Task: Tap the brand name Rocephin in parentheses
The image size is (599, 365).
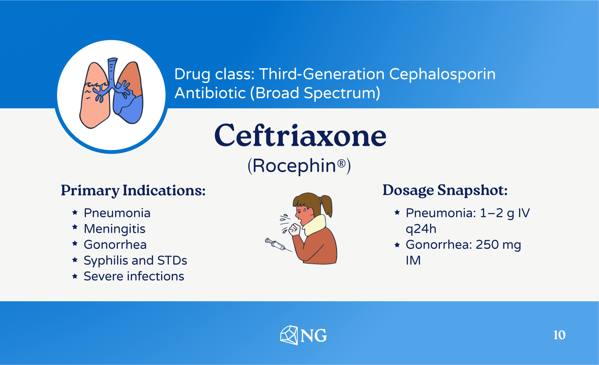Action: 294,166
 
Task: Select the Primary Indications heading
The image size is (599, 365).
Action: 133,191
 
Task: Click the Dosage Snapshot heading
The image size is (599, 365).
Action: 445,191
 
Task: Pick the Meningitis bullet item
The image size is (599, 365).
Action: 114,229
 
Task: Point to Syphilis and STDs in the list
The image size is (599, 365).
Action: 135,261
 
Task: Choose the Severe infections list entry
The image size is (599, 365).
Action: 134,276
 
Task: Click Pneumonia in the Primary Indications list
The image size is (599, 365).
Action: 117,213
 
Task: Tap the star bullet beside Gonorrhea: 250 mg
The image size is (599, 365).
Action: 397,245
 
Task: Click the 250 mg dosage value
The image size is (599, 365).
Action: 498,245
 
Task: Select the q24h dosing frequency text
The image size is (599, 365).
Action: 421,229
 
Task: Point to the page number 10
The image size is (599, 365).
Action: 559,335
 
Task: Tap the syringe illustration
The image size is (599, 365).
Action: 278,245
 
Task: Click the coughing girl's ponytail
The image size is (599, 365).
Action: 327,206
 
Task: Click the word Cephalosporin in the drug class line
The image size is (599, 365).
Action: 442,74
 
